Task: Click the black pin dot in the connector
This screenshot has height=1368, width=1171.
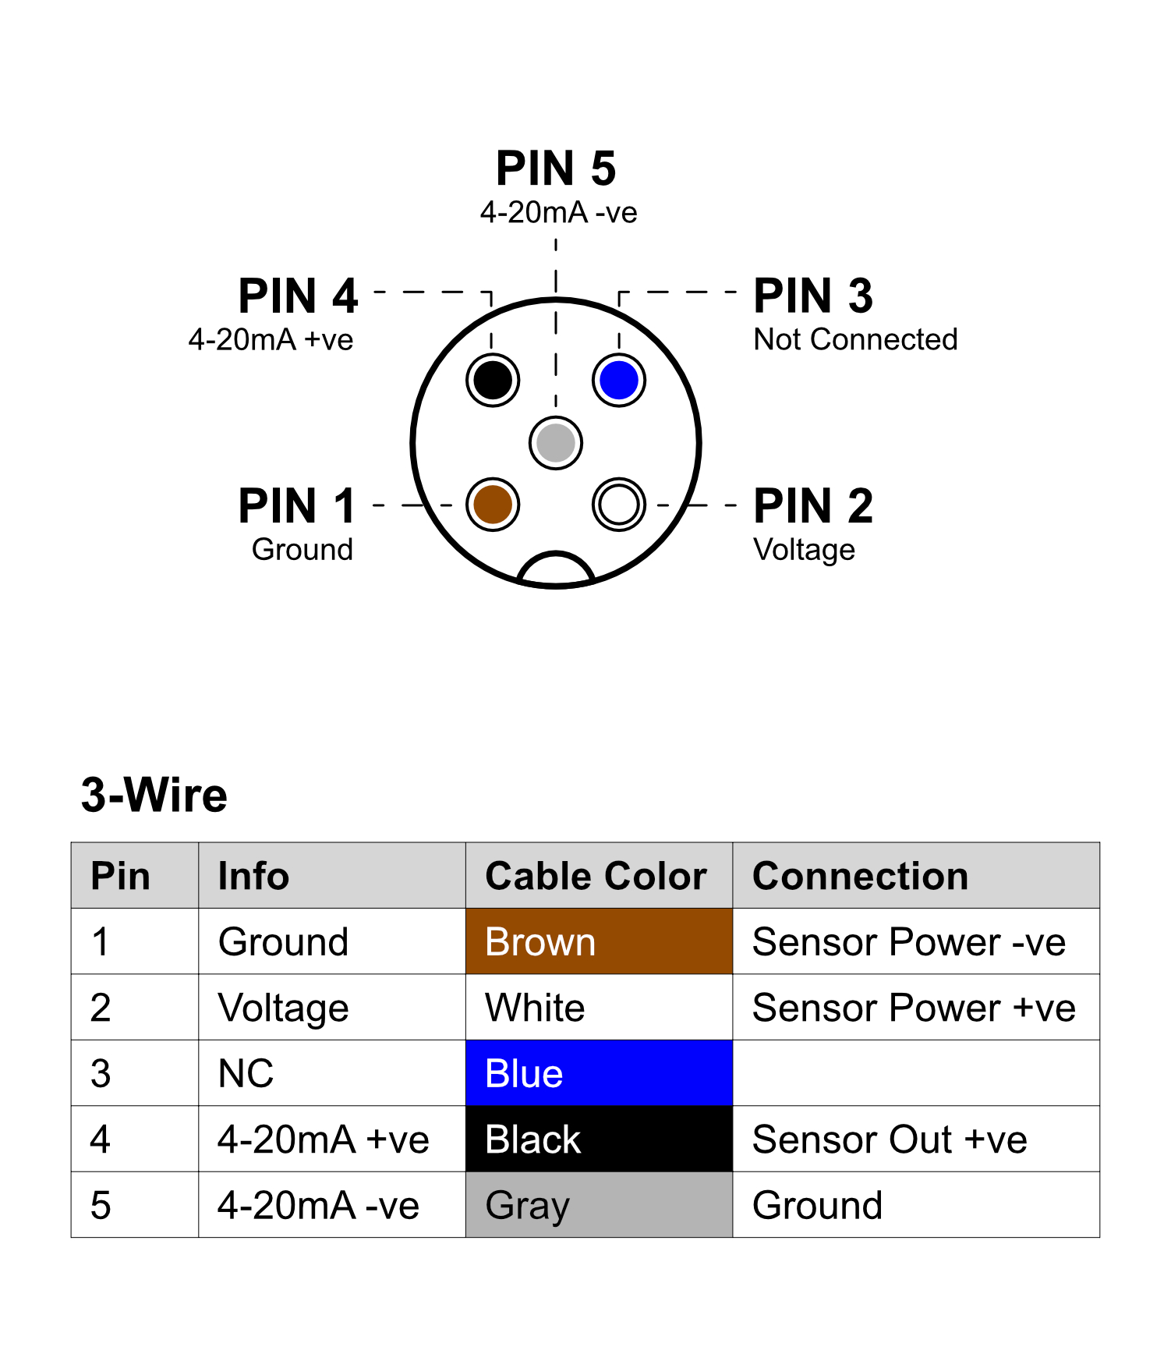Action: point(493,380)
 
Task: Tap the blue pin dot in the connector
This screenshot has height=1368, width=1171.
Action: point(619,380)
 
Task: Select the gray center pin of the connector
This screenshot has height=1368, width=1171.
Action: point(556,443)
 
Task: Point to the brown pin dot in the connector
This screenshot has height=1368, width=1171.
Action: point(493,504)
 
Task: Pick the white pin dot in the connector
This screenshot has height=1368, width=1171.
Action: point(619,504)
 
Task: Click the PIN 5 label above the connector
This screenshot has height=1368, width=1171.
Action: point(556,168)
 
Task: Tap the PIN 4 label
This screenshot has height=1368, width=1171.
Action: point(298,296)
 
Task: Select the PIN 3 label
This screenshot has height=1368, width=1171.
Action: point(813,296)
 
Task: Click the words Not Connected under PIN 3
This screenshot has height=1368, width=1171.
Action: point(855,340)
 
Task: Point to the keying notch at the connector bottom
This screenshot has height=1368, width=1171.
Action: point(556,569)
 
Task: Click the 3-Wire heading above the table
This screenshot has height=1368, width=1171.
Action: point(154,796)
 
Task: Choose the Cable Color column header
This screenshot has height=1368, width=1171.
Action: point(596,876)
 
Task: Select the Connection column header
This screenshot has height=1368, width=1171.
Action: point(860,876)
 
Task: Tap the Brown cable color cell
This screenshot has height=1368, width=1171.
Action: point(599,941)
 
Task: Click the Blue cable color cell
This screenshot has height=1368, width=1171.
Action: point(599,1073)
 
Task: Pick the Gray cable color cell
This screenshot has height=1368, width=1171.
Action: point(599,1205)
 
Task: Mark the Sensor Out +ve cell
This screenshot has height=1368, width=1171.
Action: point(890,1139)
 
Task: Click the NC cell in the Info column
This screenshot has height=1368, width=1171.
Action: point(246,1073)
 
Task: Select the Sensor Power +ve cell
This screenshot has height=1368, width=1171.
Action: point(914,1008)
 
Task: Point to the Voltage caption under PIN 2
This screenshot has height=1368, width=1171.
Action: point(804,550)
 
